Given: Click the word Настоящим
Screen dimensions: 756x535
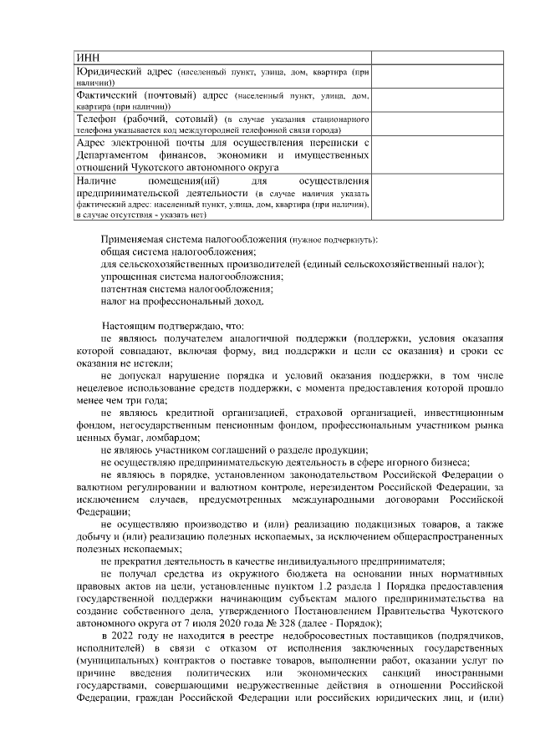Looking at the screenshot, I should click(130, 325).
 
